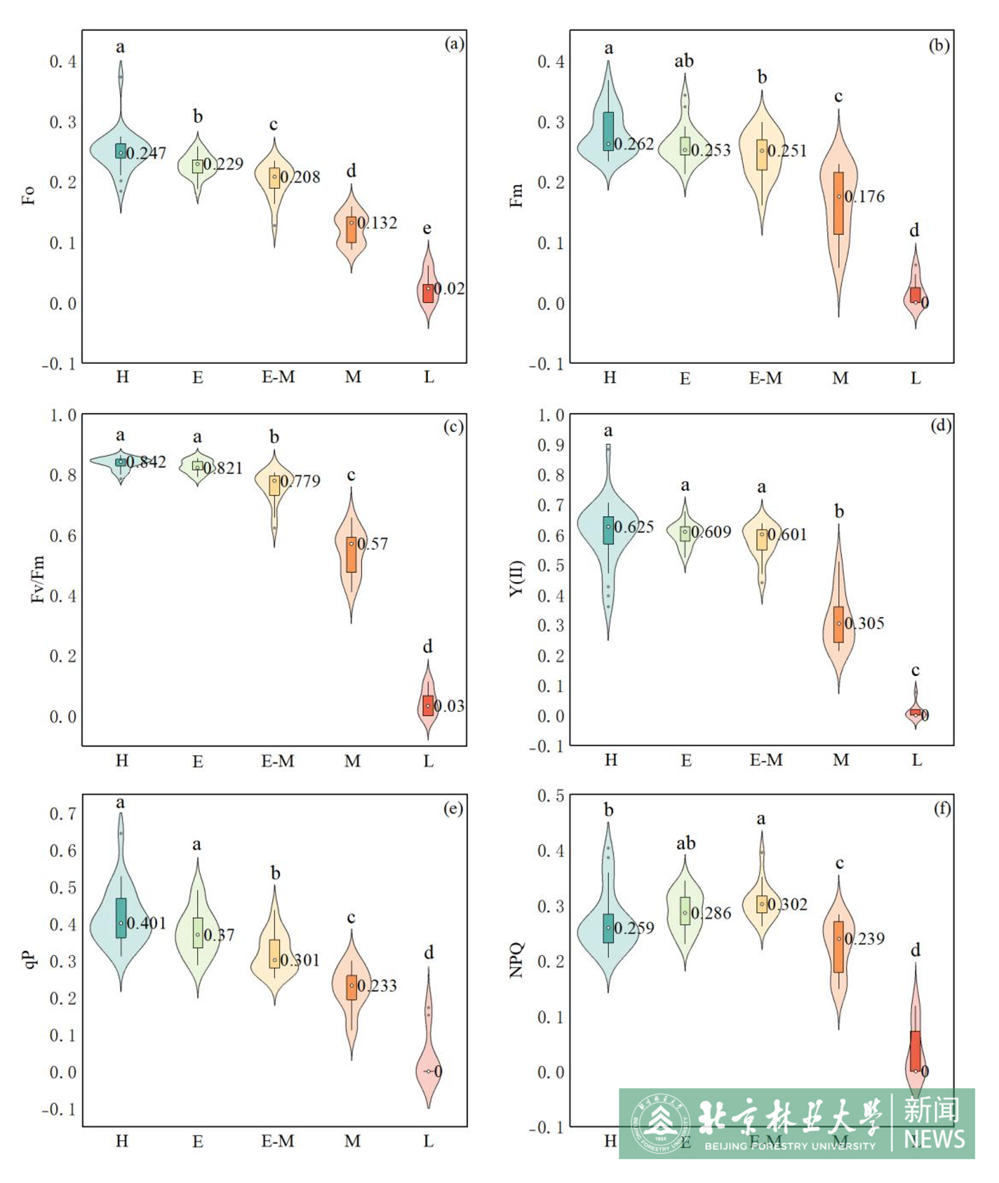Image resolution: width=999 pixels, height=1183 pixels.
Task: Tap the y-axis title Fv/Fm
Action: point(37,579)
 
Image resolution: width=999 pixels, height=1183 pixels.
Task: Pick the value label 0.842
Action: point(146,462)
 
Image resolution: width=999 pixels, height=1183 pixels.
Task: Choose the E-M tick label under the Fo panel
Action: point(278,377)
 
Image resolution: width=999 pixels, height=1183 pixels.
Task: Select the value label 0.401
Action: point(146,923)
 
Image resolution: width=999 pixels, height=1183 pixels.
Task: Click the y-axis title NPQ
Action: point(517,960)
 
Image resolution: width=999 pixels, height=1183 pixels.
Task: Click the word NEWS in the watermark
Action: point(934,1139)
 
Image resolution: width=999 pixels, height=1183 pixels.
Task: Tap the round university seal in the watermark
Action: point(660,1123)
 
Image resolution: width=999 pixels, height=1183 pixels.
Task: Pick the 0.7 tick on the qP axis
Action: point(62,814)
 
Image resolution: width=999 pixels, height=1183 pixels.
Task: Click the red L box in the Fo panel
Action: point(428,293)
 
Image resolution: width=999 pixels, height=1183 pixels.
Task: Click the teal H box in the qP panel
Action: point(121,918)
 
